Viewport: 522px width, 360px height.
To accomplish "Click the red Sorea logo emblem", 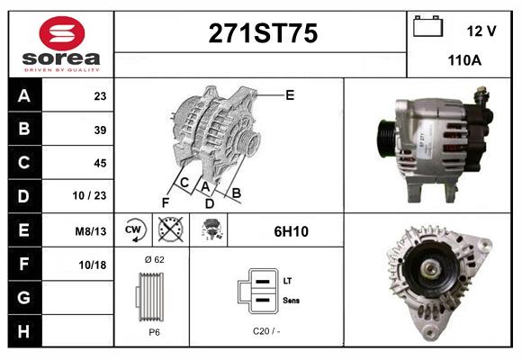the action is coord(62,33).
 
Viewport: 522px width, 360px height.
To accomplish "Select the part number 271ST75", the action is coord(263,33).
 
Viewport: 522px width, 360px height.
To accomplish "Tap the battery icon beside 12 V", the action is coord(427,26).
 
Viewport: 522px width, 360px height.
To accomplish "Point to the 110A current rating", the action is coord(464,60).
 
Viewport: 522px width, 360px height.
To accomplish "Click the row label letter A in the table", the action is coord(24,96).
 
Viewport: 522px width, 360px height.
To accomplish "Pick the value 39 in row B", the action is coord(100,130).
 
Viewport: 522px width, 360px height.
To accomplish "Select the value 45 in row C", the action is coord(100,163).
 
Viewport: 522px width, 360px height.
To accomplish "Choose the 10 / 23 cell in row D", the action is coord(89,195).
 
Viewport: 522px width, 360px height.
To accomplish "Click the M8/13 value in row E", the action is coord(91,231).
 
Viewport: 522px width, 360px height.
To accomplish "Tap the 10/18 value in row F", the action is coord(92,265).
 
